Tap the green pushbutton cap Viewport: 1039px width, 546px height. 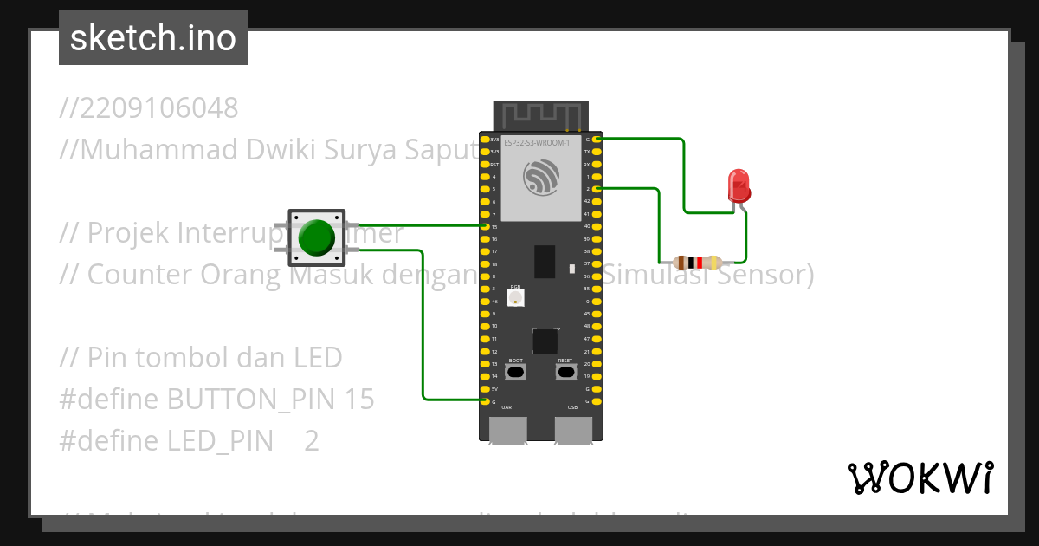click(316, 237)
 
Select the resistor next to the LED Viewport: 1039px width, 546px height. click(697, 262)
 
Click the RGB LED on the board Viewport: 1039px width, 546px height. click(515, 297)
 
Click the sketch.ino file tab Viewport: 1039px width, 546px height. click(153, 38)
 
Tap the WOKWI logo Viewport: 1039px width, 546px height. click(920, 478)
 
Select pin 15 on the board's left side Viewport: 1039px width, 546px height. click(486, 226)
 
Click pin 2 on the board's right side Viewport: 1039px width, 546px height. click(596, 188)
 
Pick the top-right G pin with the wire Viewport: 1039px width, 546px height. click(596, 139)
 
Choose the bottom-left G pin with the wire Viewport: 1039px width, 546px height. click(486, 401)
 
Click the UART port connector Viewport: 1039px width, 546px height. click(508, 430)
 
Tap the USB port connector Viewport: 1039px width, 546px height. click(573, 430)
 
